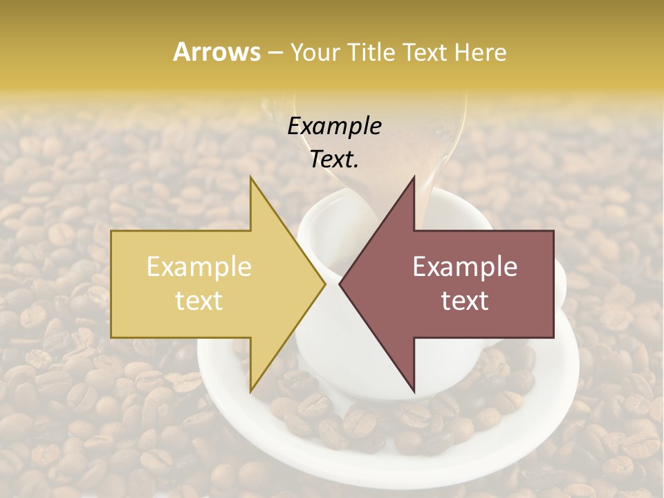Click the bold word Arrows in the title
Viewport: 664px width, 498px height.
click(216, 52)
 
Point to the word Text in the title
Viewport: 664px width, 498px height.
click(426, 52)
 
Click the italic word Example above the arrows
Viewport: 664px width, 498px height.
click(335, 127)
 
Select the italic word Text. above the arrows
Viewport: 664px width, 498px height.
click(335, 159)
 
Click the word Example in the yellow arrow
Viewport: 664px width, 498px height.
click(199, 267)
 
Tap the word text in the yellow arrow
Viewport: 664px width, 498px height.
click(199, 301)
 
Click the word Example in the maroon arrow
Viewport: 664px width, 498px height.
click(465, 267)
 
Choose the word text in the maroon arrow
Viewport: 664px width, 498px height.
click(465, 301)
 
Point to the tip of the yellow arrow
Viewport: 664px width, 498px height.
click(325, 284)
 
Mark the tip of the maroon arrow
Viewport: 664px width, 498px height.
click(340, 284)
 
